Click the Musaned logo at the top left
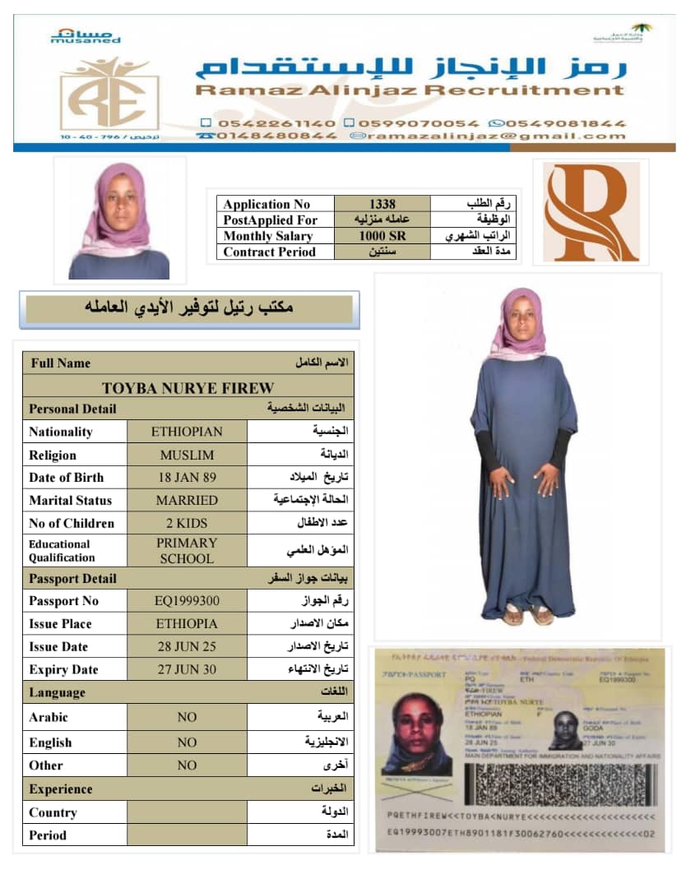click(x=86, y=35)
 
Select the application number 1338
click(x=382, y=204)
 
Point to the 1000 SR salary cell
click(x=382, y=236)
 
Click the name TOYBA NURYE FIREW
click(x=188, y=387)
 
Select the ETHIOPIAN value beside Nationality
click(x=187, y=432)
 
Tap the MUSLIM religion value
click(x=187, y=455)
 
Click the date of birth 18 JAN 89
click(x=187, y=477)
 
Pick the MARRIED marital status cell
click(x=187, y=500)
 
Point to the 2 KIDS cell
click(x=187, y=523)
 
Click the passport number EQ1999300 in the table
click(x=187, y=601)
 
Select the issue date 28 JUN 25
click(x=187, y=646)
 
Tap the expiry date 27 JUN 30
click(x=187, y=669)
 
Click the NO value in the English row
click(x=187, y=742)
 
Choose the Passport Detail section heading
click(x=72, y=579)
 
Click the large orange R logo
click(x=591, y=211)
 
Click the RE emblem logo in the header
click(x=109, y=93)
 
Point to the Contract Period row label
click(x=269, y=252)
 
